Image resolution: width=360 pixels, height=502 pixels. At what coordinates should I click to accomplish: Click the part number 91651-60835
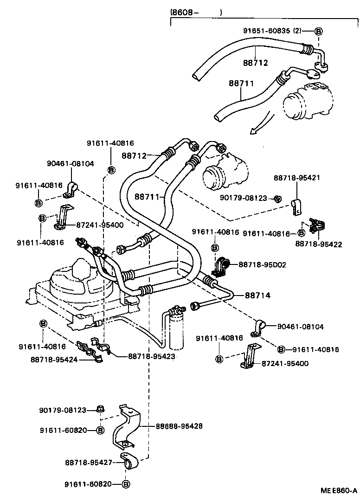click(266, 31)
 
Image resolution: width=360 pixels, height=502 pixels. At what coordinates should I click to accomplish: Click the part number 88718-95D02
click(262, 264)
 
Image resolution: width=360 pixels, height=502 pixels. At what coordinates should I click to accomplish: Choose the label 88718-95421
click(297, 178)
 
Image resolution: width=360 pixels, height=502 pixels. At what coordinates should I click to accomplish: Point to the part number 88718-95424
click(54, 359)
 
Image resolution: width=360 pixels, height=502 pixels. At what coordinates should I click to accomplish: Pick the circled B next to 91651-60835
click(319, 31)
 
